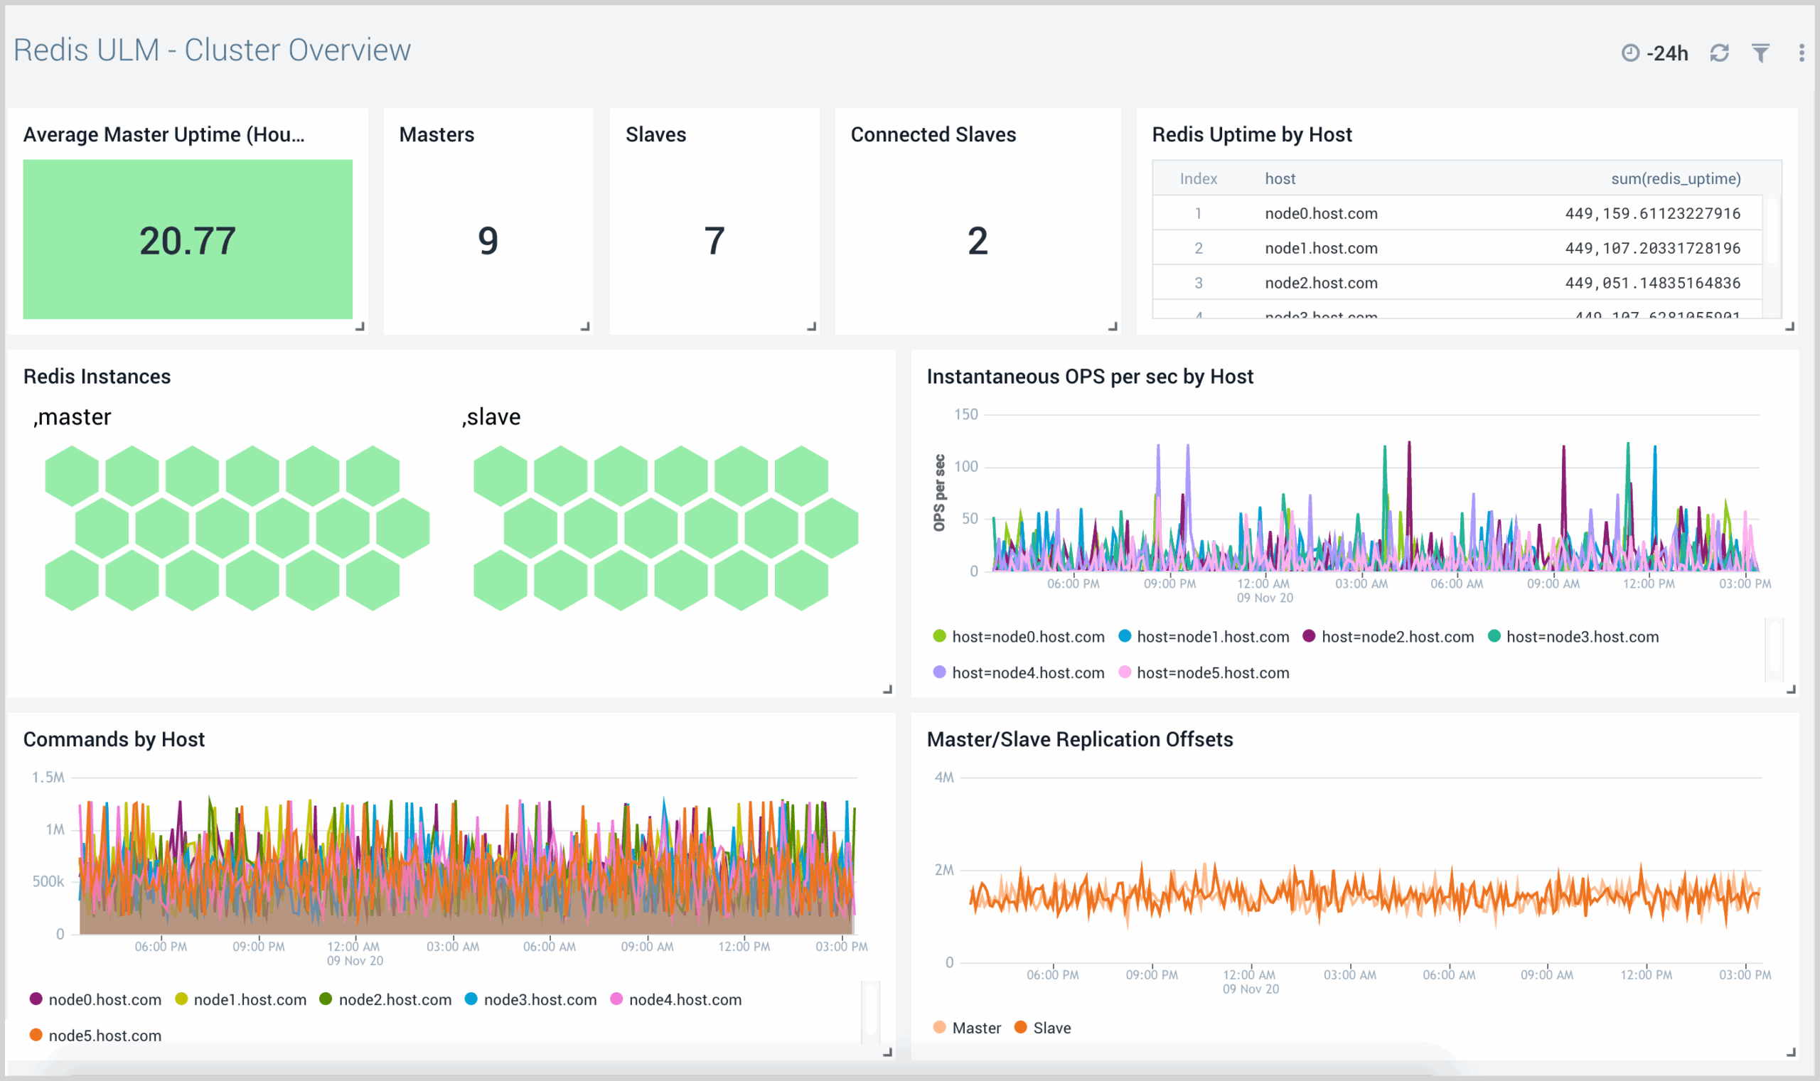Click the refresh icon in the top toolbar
click(x=1719, y=53)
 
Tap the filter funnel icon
click(x=1760, y=53)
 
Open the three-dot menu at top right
click(x=1801, y=53)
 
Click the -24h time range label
click(x=1666, y=53)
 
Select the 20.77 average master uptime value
click(x=187, y=241)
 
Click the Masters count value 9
click(x=488, y=241)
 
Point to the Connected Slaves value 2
click(x=977, y=241)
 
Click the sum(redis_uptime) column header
click(x=1675, y=178)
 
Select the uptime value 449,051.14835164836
click(x=1652, y=284)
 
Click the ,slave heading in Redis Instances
click(x=492, y=417)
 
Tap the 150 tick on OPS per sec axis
click(x=965, y=414)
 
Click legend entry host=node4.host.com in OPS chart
click(x=1027, y=673)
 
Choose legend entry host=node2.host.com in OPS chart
click(x=1397, y=638)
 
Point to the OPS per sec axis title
click(x=939, y=493)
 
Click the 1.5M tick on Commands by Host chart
click(x=48, y=778)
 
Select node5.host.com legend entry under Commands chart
click(x=105, y=1036)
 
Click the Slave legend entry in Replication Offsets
click(x=1051, y=1028)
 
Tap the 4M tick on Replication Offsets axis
click(x=943, y=778)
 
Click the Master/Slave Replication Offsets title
click(x=1079, y=739)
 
